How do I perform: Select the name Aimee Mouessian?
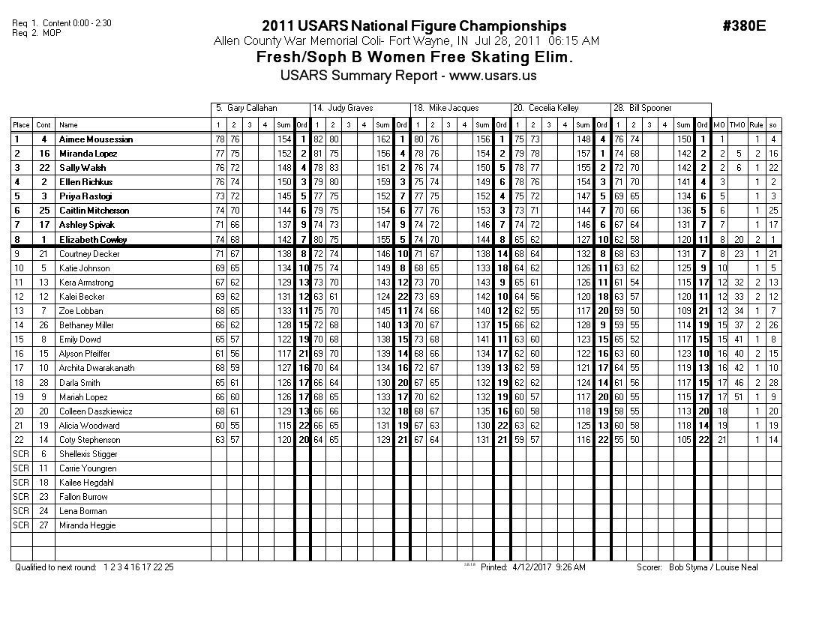point(95,139)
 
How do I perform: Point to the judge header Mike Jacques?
point(453,109)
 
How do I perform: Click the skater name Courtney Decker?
point(85,254)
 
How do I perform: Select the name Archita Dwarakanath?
point(97,368)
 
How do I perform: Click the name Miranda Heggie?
point(88,525)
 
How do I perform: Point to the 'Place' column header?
point(21,125)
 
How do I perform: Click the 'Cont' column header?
point(43,125)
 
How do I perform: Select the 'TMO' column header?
point(737,125)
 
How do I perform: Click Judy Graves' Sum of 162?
point(382,139)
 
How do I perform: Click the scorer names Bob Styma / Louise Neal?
point(712,567)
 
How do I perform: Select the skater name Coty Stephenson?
point(89,440)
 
